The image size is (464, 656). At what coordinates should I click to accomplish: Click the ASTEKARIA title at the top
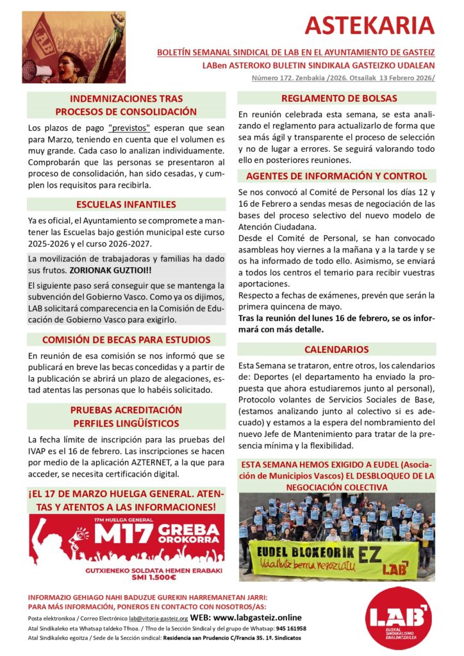point(370,26)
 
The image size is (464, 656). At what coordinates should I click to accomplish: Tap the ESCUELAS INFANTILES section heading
point(126,205)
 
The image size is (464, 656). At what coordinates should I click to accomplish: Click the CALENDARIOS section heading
point(336,350)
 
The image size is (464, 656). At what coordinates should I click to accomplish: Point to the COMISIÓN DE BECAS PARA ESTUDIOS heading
point(126,340)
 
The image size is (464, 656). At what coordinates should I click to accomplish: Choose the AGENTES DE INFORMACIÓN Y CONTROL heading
point(336,176)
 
